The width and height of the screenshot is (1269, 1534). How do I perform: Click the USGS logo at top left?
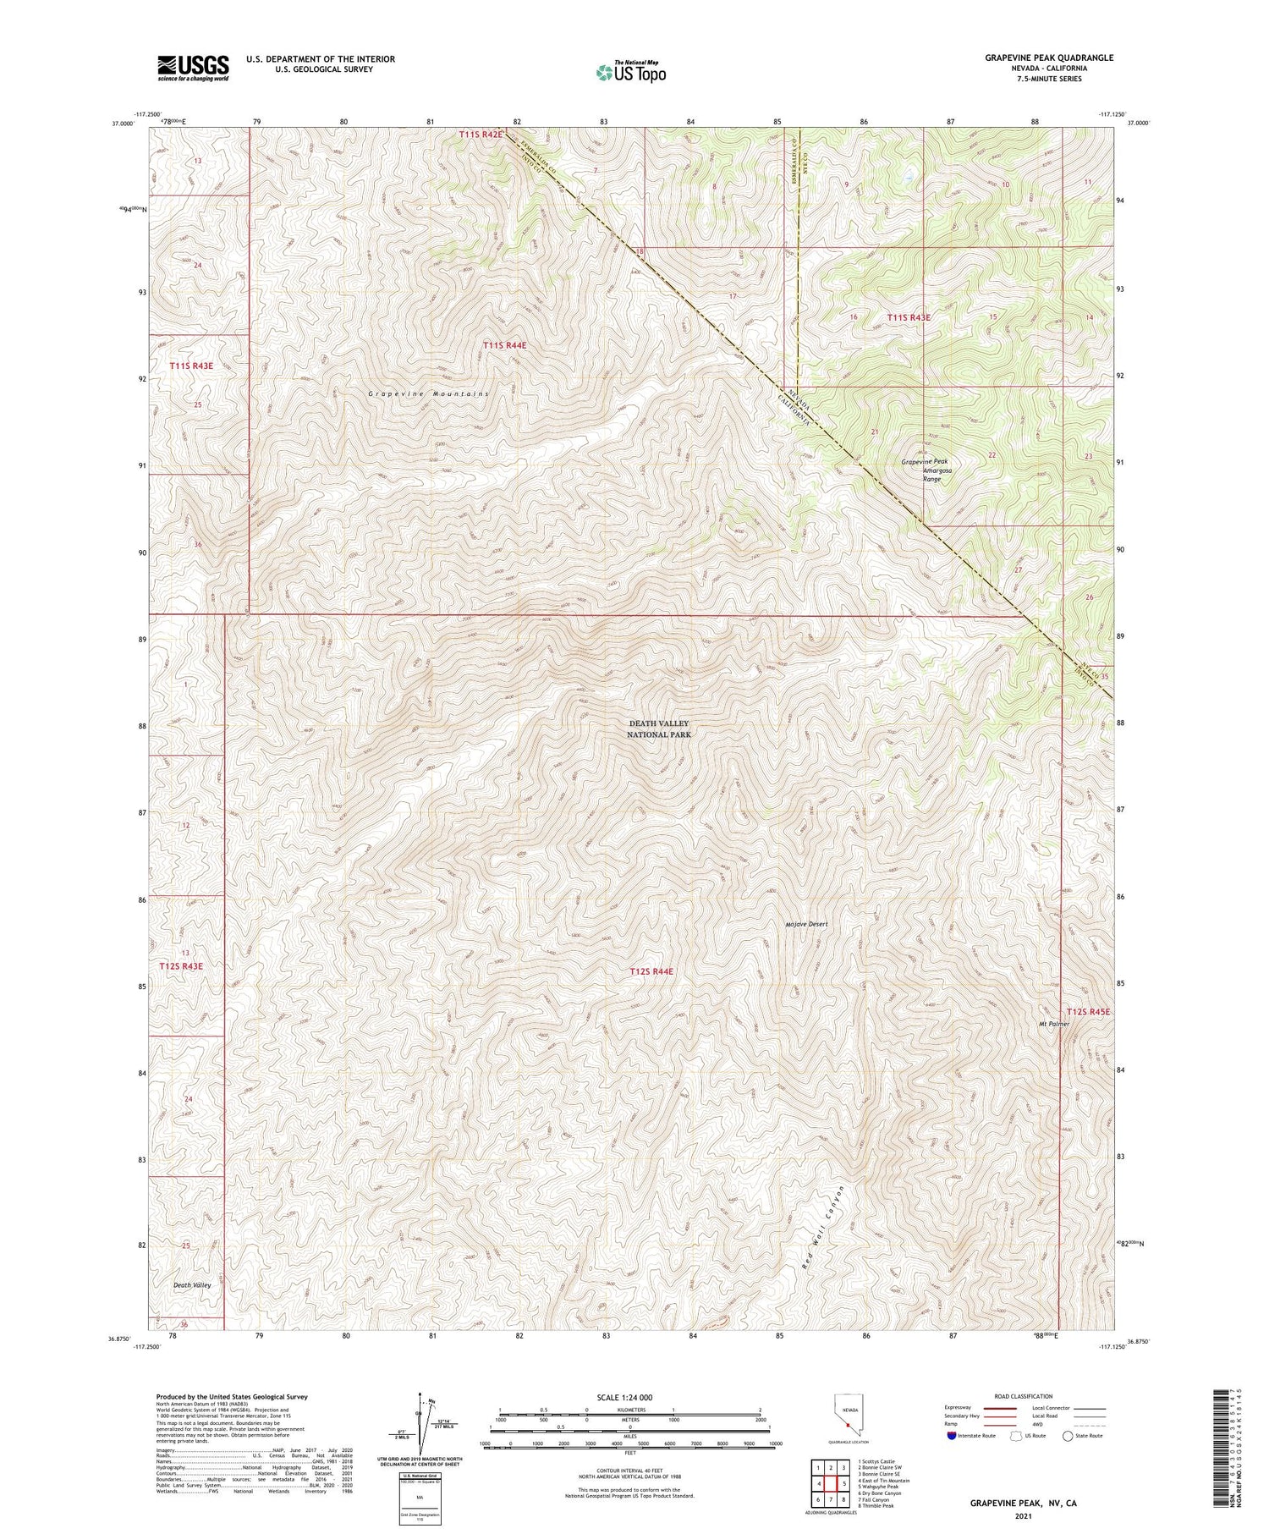[x=193, y=68]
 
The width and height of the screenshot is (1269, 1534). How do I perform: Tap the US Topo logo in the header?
[x=630, y=72]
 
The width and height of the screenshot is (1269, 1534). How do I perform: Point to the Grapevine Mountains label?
[x=429, y=394]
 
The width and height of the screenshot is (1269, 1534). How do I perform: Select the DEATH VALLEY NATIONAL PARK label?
[x=659, y=729]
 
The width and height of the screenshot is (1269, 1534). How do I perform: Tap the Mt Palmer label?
[x=1054, y=1024]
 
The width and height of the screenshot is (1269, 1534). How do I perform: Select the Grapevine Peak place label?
[x=924, y=461]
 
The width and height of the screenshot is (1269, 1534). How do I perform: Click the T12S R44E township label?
[x=651, y=971]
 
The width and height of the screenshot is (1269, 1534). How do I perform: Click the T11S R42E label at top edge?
[x=481, y=134]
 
